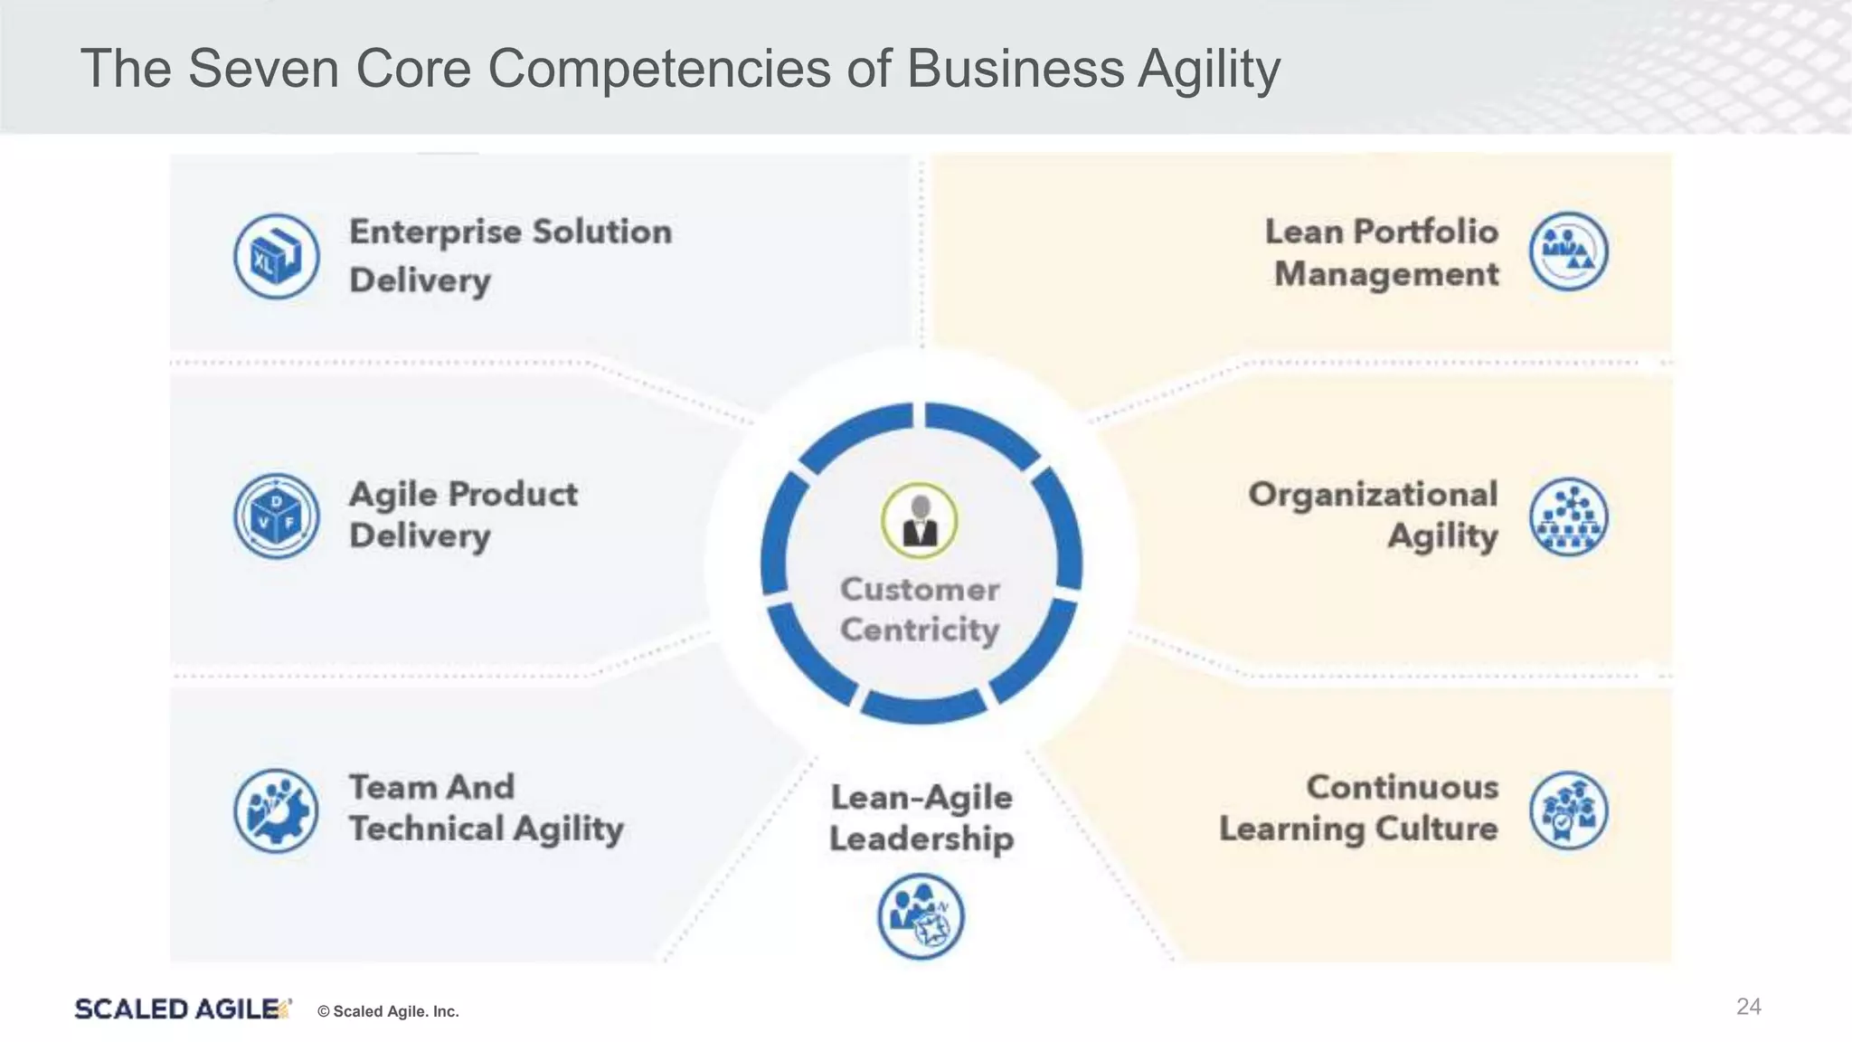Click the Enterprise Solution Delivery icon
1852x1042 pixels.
276,256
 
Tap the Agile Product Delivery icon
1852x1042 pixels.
276,516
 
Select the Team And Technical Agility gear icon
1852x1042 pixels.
276,810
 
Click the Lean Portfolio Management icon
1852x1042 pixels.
1569,251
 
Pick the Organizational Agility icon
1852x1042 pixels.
1569,516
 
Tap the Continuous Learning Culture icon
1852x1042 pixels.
1569,810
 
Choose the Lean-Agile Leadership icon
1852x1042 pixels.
921,916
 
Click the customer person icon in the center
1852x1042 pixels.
920,521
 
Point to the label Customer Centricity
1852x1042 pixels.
920,610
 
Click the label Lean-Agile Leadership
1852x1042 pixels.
921,818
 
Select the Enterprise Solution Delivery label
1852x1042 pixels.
510,256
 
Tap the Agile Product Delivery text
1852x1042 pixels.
462,515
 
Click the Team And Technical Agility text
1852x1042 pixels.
486,808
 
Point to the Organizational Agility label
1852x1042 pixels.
1373,515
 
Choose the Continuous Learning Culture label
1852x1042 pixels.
1358,808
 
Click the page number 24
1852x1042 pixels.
1748,1007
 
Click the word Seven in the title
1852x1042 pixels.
263,69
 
